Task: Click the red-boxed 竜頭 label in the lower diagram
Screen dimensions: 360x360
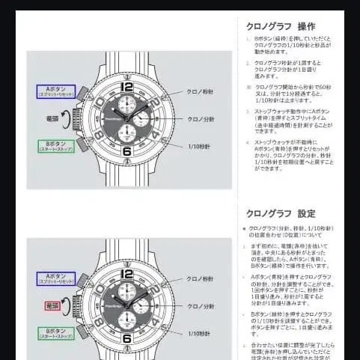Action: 52,306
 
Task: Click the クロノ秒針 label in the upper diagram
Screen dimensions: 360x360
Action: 201,91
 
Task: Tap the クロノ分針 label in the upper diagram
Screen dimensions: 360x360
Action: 201,118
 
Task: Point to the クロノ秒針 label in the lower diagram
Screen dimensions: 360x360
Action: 201,279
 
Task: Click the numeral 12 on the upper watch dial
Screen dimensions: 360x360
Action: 126,86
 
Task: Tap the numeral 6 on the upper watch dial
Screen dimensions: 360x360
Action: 126,150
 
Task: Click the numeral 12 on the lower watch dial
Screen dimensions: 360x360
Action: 126,274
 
